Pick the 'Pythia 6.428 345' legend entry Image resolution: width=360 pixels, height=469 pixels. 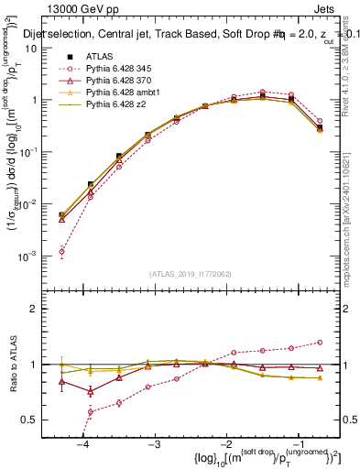[120, 70]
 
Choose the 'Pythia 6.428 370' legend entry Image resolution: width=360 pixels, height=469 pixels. [120, 82]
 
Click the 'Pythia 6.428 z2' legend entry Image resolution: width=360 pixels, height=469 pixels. [116, 106]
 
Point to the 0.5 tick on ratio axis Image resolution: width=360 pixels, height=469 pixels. [37, 419]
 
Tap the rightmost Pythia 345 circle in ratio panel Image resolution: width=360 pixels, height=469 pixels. [319, 343]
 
